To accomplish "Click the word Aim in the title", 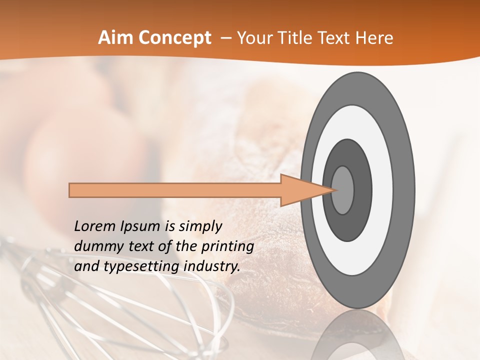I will click(116, 38).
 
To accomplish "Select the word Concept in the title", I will click(175, 38).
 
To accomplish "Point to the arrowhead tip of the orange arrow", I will click(334, 190).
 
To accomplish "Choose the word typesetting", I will click(140, 267).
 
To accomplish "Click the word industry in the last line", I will click(212, 266).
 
